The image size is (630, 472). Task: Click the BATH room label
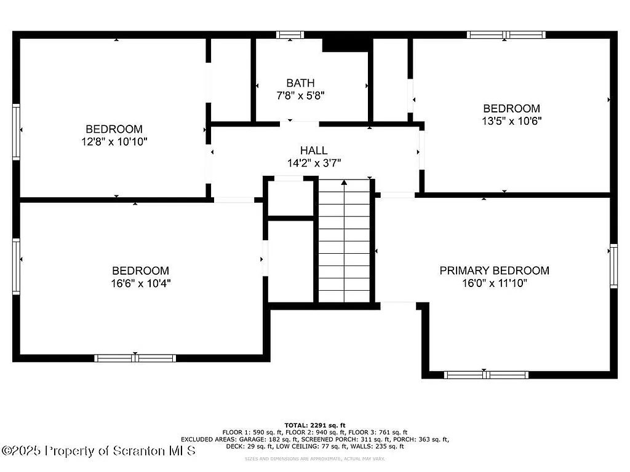coord(300,83)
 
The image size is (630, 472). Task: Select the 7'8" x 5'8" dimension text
coord(300,96)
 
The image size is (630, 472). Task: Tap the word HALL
coord(314,151)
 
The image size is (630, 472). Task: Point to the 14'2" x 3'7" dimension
coord(314,163)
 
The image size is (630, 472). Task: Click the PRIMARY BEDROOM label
coord(494,270)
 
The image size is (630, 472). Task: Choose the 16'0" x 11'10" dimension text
coord(494,283)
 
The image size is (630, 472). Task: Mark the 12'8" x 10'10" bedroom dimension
coord(114,141)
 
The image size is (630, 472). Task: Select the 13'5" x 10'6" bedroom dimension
coord(511,121)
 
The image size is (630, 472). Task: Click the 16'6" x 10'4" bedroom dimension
coord(140,283)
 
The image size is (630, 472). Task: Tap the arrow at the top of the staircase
coord(344,182)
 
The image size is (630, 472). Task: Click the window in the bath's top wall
coord(290,35)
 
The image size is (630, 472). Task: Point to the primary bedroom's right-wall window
coord(613,265)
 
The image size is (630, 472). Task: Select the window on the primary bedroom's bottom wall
coord(486,374)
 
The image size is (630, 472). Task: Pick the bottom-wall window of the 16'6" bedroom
coord(135,358)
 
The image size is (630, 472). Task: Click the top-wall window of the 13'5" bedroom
coord(506,35)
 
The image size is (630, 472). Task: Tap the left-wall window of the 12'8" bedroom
coord(17,132)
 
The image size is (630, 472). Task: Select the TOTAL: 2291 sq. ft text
coord(315,425)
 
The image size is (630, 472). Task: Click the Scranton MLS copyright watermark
coord(99,450)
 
